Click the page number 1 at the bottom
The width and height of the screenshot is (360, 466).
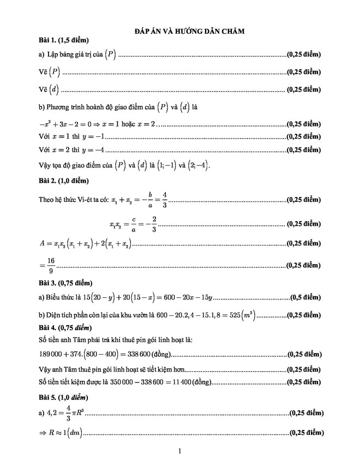point(179,451)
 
